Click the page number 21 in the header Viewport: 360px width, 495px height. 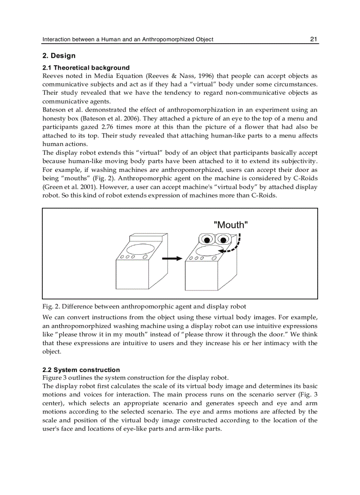[314, 39]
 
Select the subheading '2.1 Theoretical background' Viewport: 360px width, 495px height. [86, 68]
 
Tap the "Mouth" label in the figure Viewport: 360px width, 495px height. [231, 225]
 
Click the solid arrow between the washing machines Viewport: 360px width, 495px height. [172, 258]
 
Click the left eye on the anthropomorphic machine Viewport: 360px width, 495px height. [206, 239]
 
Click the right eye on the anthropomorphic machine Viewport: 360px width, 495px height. [223, 239]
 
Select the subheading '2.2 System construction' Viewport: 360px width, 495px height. [81, 370]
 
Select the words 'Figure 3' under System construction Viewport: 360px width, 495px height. [55, 378]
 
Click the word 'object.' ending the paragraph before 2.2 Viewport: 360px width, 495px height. [52, 351]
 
